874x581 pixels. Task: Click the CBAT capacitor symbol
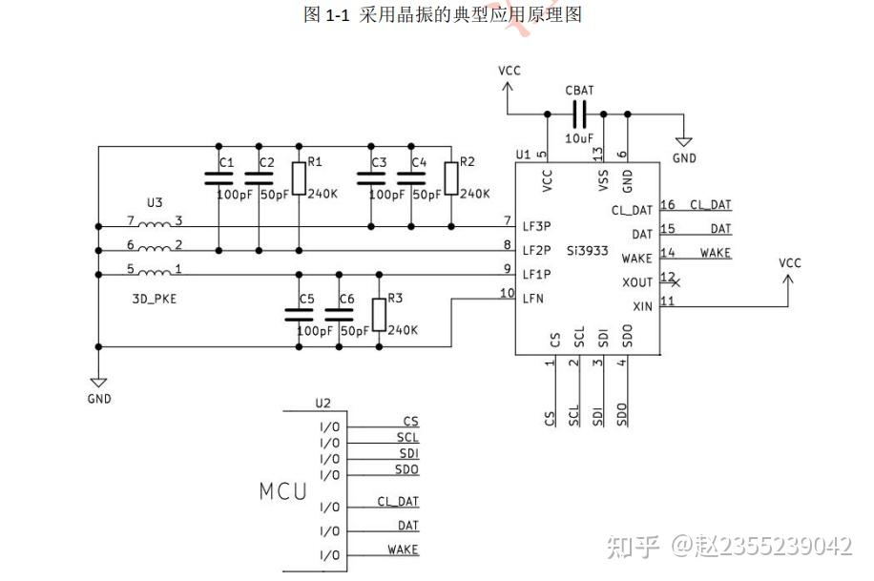(579, 114)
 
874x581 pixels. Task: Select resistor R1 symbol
(299, 178)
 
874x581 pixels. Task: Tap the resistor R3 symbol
(379, 314)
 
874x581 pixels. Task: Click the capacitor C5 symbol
(299, 314)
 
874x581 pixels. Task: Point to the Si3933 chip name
(590, 249)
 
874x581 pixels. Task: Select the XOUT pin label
(636, 282)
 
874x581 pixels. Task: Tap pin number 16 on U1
(668, 205)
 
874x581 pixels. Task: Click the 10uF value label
(579, 138)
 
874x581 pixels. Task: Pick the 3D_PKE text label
(155, 298)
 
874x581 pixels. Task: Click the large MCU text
(283, 492)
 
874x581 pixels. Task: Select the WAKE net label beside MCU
(403, 550)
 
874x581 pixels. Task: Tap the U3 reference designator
(155, 203)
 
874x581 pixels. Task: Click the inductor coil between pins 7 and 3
(155, 225)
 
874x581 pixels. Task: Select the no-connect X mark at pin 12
(676, 283)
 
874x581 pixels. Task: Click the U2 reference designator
(323, 404)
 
